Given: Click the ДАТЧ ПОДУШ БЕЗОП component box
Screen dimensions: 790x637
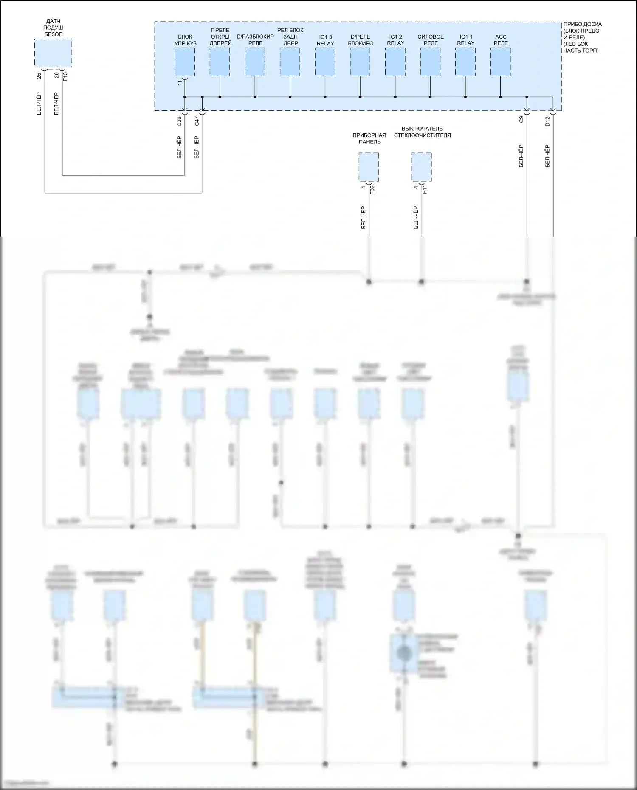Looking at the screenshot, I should click(53, 53).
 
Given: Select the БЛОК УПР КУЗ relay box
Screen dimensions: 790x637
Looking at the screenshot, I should click(185, 62).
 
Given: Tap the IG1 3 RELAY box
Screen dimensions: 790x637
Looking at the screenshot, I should click(325, 62).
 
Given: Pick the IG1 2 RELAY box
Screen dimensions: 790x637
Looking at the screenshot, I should click(395, 62).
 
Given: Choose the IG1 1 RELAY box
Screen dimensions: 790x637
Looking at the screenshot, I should click(465, 62).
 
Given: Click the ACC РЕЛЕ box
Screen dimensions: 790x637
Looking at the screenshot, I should click(500, 62).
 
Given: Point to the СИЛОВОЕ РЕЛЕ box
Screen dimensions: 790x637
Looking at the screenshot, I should click(430, 62).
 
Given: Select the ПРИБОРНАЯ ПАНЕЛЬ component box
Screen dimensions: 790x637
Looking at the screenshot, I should click(369, 167).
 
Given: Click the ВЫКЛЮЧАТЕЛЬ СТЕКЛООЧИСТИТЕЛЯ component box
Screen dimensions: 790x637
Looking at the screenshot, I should click(421, 167).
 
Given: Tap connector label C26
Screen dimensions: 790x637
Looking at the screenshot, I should click(179, 121).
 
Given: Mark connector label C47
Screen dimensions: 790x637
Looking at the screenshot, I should click(197, 121).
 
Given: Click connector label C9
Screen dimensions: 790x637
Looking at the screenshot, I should click(521, 120).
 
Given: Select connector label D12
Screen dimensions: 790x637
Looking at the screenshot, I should click(548, 121).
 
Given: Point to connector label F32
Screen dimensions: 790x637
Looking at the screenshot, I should click(372, 190).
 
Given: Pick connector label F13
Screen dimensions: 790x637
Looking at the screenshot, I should click(65, 76).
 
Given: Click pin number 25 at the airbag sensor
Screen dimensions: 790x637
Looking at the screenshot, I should click(39, 76).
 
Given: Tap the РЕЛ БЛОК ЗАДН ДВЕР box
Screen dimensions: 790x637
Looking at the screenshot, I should click(290, 62).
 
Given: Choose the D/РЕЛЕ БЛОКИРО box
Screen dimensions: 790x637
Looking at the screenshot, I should click(360, 62).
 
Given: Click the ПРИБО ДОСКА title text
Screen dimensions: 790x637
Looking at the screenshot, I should click(582, 25).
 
